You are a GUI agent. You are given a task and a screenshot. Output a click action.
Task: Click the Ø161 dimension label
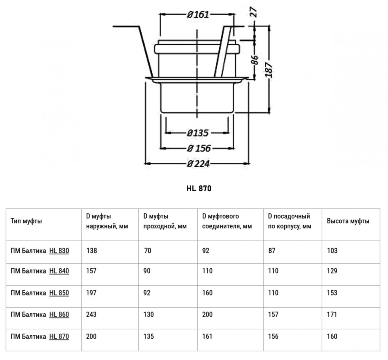click(x=198, y=14)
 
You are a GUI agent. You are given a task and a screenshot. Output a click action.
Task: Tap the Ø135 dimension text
click(x=198, y=133)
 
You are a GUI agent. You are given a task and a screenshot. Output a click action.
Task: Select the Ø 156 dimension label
click(x=199, y=148)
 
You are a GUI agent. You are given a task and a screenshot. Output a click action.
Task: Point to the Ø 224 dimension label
click(x=198, y=164)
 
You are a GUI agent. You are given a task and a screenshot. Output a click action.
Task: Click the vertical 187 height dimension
click(x=269, y=70)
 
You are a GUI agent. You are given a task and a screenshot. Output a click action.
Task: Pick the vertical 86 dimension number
click(x=255, y=60)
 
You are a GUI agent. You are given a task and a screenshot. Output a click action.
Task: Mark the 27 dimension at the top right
click(x=254, y=12)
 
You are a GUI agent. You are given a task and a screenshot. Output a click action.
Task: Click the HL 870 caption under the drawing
click(x=199, y=188)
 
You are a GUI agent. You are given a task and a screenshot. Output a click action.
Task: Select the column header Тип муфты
click(x=26, y=221)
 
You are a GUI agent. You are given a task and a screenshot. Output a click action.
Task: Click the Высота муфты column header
click(x=348, y=221)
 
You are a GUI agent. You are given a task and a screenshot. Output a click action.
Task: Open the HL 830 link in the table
click(x=59, y=251)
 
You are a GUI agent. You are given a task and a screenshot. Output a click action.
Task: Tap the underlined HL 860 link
click(x=59, y=314)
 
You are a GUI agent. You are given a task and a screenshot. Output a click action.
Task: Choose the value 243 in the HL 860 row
click(x=91, y=314)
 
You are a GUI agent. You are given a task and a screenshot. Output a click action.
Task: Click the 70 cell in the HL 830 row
click(x=148, y=251)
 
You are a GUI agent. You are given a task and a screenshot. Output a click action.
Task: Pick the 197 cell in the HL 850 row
click(x=91, y=293)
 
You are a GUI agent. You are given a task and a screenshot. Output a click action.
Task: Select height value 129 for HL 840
click(x=332, y=271)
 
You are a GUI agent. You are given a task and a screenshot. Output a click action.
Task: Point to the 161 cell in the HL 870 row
click(x=207, y=336)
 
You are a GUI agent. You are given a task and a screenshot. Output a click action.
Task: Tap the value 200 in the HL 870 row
click(x=91, y=336)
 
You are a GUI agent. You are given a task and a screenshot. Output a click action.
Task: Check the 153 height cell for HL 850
click(x=332, y=293)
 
